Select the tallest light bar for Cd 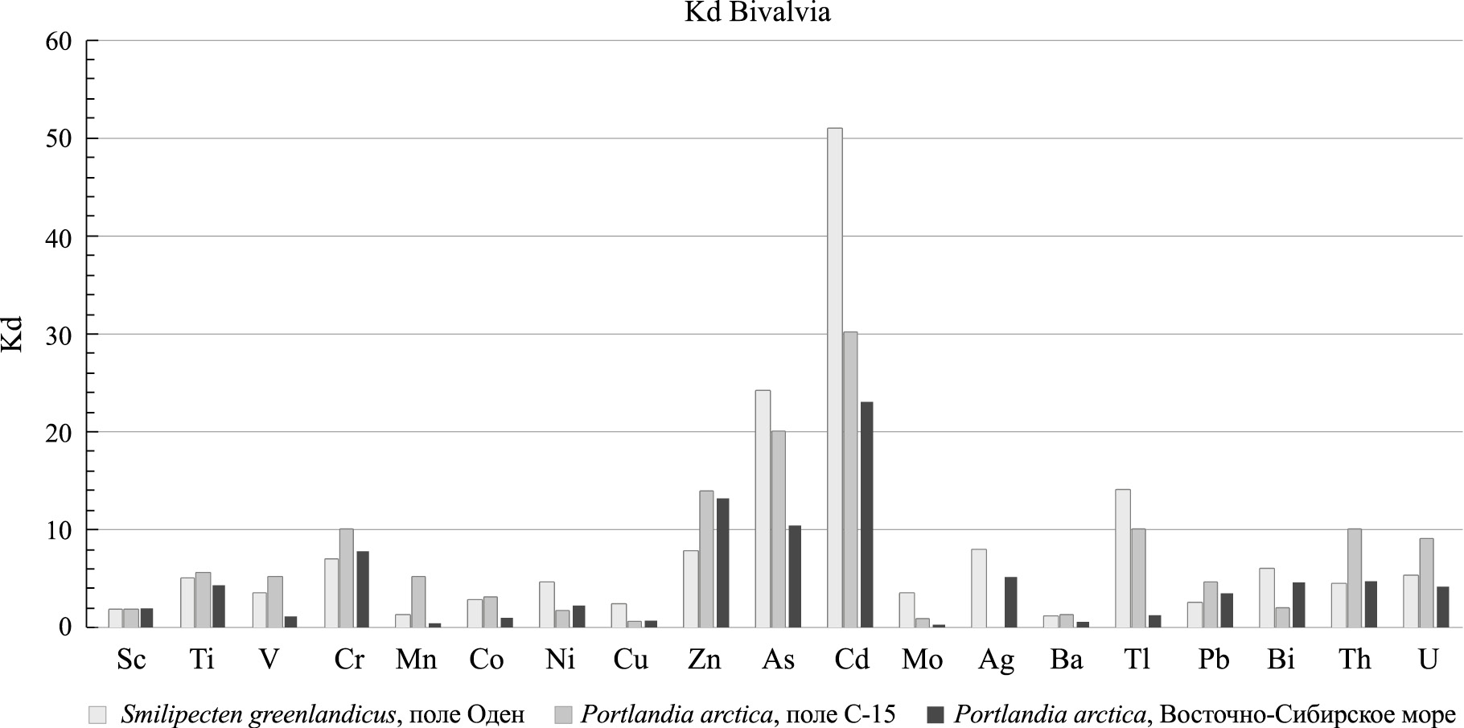[835, 377]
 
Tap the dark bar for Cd [866, 514]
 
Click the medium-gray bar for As [778, 529]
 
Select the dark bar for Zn [722, 562]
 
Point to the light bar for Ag [979, 588]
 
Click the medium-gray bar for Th [1355, 578]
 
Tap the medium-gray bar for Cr [346, 578]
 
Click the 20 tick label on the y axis [60, 432]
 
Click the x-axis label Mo [922, 660]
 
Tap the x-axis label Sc [131, 660]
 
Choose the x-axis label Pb [1213, 660]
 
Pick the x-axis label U [1428, 660]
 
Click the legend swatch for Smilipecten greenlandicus [97, 714]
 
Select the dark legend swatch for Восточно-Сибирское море [936, 714]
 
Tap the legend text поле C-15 [836, 714]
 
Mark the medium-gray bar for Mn [418, 601]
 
